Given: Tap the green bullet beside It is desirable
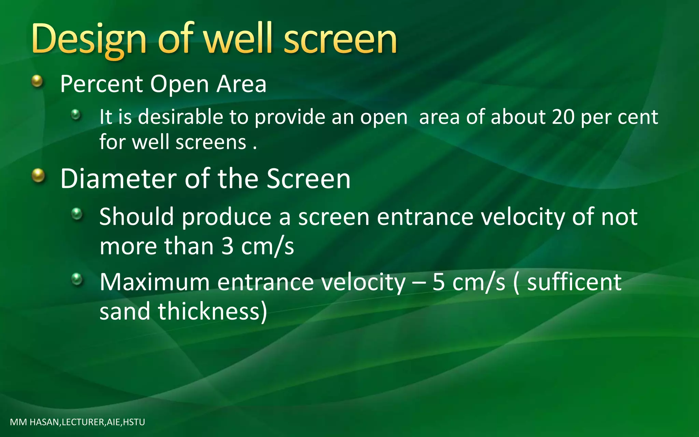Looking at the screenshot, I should click(x=76, y=114).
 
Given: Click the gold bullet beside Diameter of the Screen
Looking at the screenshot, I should click(x=38, y=176).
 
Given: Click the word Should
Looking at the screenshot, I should click(x=137, y=217).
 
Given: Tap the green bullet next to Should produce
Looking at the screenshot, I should click(x=77, y=214).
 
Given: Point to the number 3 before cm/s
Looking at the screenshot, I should click(x=227, y=246).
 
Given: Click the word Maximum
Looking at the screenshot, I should click(x=154, y=282).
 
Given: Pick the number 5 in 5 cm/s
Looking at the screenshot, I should click(x=439, y=282).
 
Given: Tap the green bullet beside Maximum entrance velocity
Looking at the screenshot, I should click(x=77, y=279).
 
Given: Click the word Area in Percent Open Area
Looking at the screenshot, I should click(x=241, y=84).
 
